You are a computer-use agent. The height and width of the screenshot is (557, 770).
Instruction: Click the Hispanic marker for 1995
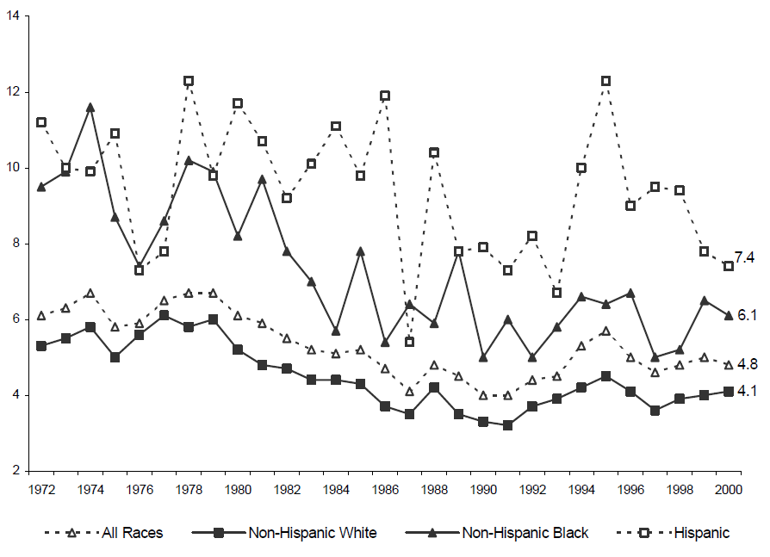(x=605, y=81)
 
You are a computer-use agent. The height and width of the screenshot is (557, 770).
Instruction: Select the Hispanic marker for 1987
(x=409, y=342)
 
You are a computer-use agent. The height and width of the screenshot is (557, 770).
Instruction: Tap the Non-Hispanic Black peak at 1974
(x=90, y=107)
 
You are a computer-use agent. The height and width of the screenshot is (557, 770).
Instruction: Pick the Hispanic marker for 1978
(x=188, y=81)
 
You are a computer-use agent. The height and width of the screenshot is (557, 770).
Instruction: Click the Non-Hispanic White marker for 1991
(x=507, y=425)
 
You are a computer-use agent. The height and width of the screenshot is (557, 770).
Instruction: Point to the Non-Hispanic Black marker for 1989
(x=458, y=251)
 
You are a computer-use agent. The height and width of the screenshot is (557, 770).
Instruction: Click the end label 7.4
(x=744, y=257)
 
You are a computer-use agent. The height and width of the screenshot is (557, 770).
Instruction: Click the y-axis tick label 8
(x=19, y=244)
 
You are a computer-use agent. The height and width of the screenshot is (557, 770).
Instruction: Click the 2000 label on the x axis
(x=728, y=488)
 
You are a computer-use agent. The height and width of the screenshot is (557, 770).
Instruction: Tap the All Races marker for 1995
(x=605, y=331)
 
